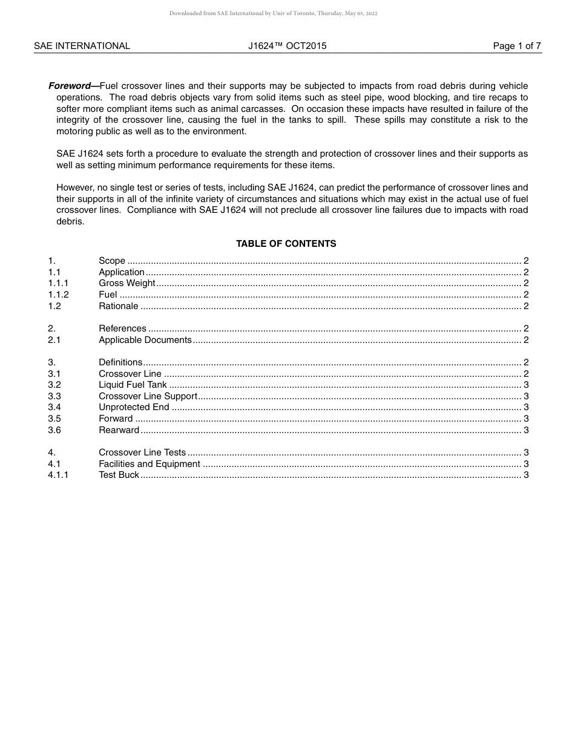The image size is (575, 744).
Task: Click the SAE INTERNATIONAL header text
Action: [x=82, y=46]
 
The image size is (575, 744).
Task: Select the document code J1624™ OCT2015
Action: [x=287, y=46]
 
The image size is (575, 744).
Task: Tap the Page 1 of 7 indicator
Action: [x=516, y=46]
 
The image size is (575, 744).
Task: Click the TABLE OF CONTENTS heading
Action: [x=286, y=244]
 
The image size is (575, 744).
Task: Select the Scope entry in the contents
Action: [x=112, y=261]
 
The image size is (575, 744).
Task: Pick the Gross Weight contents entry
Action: [x=127, y=283]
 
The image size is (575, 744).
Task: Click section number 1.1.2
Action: [x=58, y=295]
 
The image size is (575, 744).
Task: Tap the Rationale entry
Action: [x=119, y=306]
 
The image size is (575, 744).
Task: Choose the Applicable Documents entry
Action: [x=145, y=340]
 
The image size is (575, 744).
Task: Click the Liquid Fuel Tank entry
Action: [x=133, y=385]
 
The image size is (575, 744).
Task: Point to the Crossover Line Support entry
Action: [x=148, y=396]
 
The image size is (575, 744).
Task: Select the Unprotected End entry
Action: [x=134, y=407]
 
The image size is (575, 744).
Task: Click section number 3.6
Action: [x=54, y=430]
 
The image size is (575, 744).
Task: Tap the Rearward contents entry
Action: [x=119, y=430]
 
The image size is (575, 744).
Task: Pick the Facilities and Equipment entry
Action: [x=149, y=464]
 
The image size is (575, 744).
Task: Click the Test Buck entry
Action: [x=119, y=475]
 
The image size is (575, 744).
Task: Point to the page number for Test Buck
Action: [x=526, y=475]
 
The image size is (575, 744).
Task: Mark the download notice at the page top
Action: [x=273, y=13]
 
